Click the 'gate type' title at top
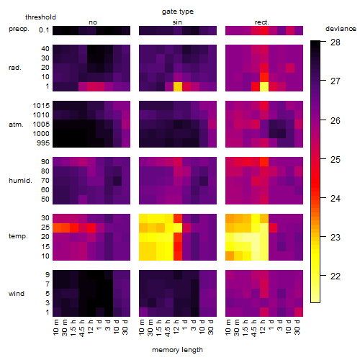[x=178, y=12]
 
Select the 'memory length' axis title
[x=177, y=350]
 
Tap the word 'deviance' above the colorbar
[x=341, y=29]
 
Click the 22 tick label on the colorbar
[x=336, y=276]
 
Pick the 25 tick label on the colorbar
[x=336, y=159]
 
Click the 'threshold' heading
[x=40, y=17]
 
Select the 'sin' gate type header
[x=177, y=22]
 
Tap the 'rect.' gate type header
[x=261, y=22]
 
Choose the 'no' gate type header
[x=93, y=22]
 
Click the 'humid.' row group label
[x=20, y=181]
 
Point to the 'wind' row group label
[x=17, y=294]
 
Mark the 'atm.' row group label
[x=16, y=125]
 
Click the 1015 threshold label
[x=41, y=106]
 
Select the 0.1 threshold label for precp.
[x=44, y=30]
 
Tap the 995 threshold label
[x=43, y=143]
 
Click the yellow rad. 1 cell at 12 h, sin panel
[x=178, y=86]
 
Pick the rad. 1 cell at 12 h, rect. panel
[x=264, y=86]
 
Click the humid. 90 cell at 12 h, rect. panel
[x=264, y=162]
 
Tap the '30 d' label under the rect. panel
[x=297, y=327]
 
